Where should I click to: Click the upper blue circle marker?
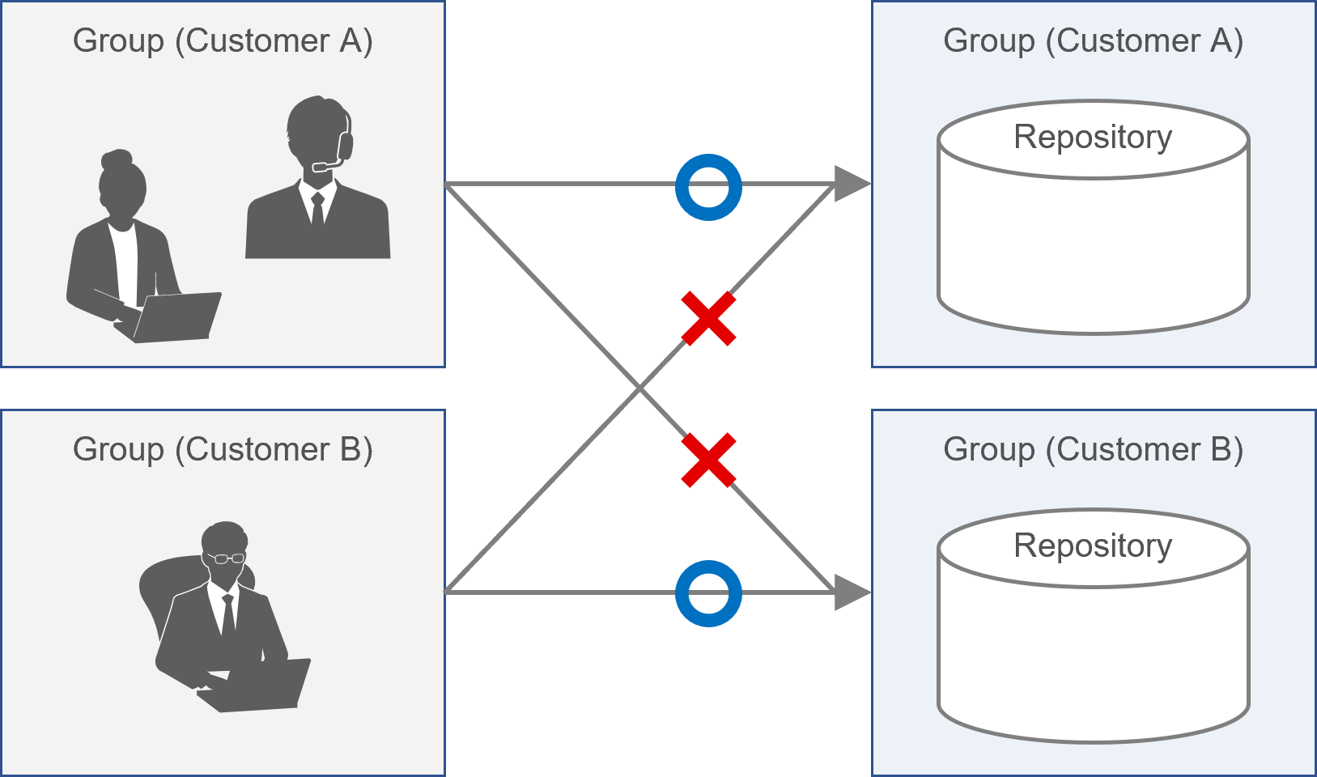tap(708, 187)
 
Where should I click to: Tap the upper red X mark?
tap(708, 319)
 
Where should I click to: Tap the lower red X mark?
tap(708, 460)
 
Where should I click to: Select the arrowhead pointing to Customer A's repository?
tap(851, 184)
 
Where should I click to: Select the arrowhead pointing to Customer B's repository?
tap(851, 592)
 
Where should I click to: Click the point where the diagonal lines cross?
tap(639, 389)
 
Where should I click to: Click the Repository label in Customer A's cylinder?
tap(1092, 137)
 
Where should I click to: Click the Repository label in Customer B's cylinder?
tap(1092, 546)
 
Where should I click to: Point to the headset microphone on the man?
tap(323, 167)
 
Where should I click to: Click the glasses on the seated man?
tap(225, 558)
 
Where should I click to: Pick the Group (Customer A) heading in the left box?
tap(223, 40)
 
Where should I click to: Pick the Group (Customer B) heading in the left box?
tap(223, 449)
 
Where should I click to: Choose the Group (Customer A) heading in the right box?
tap(1093, 40)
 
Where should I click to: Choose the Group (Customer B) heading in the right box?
tap(1093, 449)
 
